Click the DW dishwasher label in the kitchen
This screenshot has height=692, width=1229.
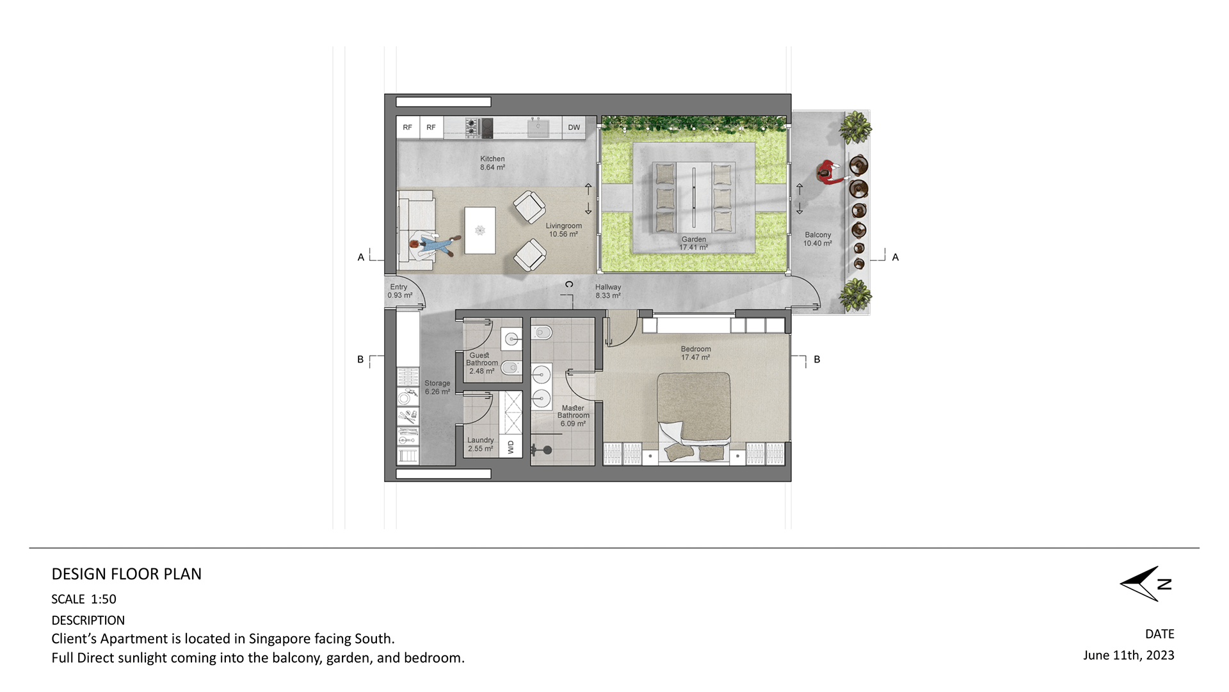coord(574,128)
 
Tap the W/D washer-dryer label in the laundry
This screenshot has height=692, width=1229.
coord(511,447)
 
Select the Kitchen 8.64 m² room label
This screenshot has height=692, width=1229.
coord(492,163)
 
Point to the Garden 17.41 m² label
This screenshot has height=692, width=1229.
coord(694,243)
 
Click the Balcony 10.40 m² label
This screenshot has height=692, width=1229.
coord(818,239)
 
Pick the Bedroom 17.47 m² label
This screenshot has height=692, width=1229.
coord(696,353)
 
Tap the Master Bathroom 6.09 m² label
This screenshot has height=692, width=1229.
coord(573,416)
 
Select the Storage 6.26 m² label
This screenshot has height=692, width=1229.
coord(437,388)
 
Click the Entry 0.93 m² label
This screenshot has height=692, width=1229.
coord(399,291)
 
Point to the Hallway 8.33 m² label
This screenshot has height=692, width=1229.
coord(608,292)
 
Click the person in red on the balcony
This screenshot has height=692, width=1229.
coord(830,172)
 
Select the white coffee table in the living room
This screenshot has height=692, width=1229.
coord(480,230)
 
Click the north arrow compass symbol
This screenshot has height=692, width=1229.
coord(1146,584)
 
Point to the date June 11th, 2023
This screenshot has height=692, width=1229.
coord(1129,655)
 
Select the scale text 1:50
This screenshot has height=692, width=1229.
coord(104,599)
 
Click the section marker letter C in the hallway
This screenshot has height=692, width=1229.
coord(569,284)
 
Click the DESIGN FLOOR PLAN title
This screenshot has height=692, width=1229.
coord(127,574)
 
